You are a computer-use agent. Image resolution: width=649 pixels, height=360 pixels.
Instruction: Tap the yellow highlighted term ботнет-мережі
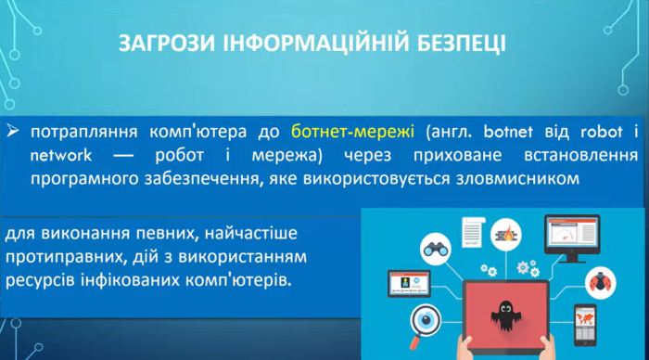(x=341, y=131)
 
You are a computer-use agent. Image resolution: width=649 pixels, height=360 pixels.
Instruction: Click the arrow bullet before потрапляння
(x=12, y=131)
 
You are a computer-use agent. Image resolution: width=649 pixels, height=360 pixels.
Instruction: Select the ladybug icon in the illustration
(x=598, y=283)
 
